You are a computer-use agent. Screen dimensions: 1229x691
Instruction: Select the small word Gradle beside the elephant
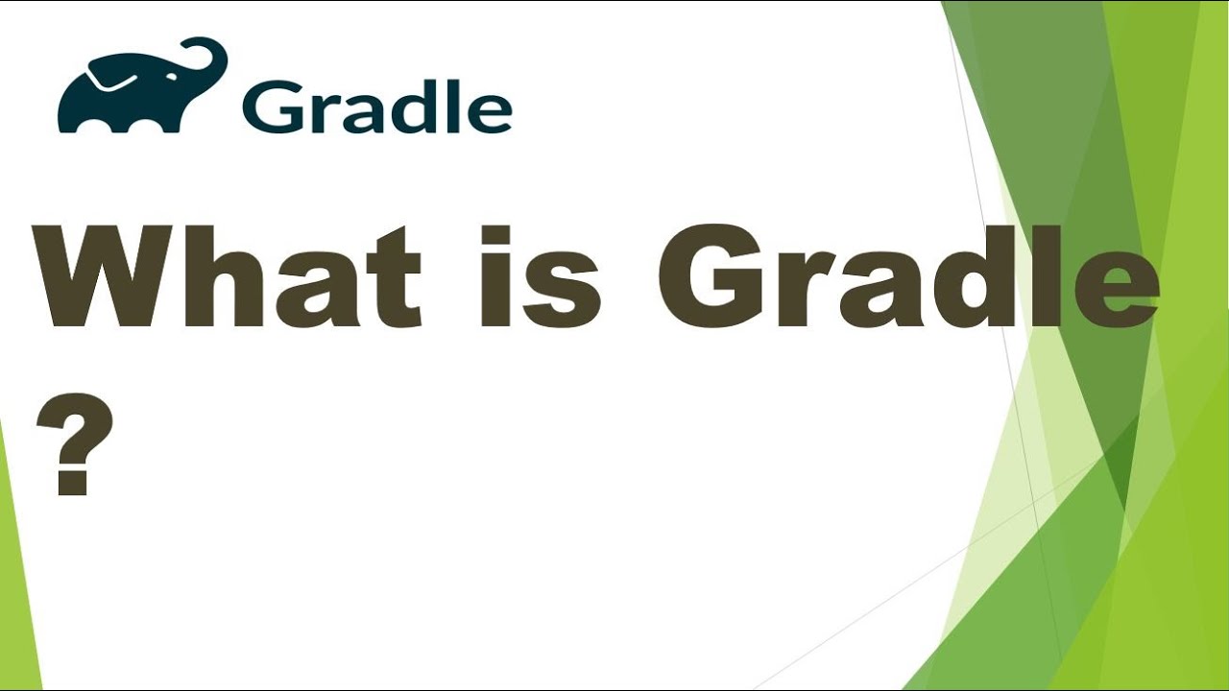pyautogui.click(x=377, y=107)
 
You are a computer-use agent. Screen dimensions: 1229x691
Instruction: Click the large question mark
pyautogui.click(x=75, y=443)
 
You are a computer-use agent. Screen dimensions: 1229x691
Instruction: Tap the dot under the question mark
pyautogui.click(x=72, y=481)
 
